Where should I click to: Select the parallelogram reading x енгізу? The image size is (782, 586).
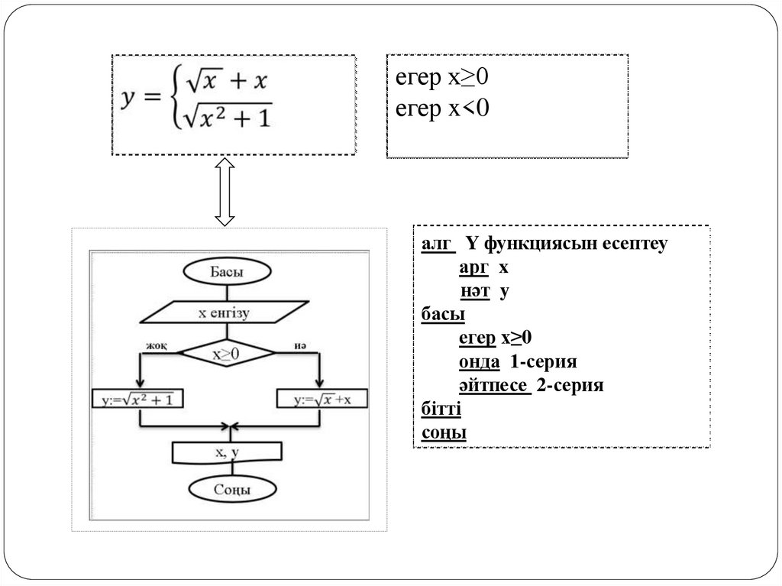click(224, 312)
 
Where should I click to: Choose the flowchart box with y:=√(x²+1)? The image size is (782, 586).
click(137, 398)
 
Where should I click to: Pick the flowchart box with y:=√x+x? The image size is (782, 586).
click(320, 398)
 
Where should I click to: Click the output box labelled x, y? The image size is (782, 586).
click(227, 452)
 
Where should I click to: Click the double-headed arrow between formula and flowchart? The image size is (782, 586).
click(224, 192)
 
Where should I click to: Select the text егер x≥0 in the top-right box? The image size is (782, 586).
click(441, 78)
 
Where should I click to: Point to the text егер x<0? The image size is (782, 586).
click(441, 109)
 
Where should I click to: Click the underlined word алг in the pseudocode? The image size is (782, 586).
click(438, 245)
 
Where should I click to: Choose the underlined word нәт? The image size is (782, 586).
click(474, 293)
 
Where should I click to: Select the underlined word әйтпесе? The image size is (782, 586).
click(494, 386)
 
